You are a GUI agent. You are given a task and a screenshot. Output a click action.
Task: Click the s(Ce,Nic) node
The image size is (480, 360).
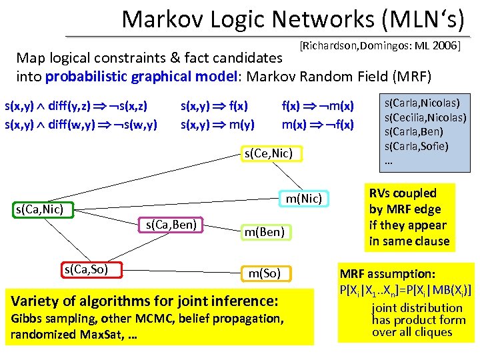coord(268,154)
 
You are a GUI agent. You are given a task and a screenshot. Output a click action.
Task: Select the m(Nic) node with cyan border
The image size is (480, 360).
coord(303,198)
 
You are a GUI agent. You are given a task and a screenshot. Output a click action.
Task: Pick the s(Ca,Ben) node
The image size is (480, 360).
coord(171,225)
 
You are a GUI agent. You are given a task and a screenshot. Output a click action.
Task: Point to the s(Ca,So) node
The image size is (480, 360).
coord(85,269)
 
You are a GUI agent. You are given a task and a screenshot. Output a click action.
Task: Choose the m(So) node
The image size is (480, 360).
coord(269,273)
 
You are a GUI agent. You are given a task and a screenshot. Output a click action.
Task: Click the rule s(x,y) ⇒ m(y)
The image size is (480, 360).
coord(217,124)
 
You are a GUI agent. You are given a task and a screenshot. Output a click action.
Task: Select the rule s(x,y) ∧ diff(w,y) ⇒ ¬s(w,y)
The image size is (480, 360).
coord(81,124)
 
